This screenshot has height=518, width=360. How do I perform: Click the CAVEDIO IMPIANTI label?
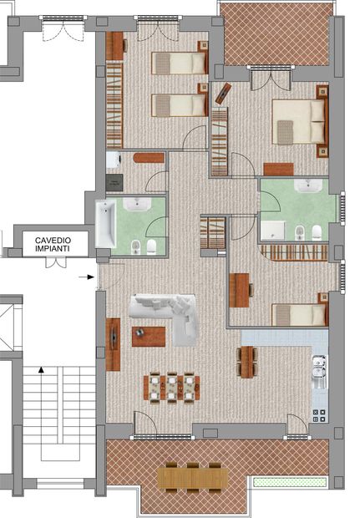(x=53, y=245)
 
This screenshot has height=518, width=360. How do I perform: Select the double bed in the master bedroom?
(x=298, y=122)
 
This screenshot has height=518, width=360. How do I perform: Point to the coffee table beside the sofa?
(x=149, y=337)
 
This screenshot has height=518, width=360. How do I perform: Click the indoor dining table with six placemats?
(x=171, y=387)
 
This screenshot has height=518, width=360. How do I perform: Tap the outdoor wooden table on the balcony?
(x=193, y=479)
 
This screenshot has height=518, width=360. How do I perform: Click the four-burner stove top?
(x=319, y=415)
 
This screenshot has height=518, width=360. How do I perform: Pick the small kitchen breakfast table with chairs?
(x=247, y=362)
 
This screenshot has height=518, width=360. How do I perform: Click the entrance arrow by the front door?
(x=86, y=277)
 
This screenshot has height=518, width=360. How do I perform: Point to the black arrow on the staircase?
(x=41, y=369)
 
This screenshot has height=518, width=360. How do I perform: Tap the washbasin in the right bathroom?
(x=308, y=185)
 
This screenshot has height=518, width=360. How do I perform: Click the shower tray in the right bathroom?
(x=273, y=231)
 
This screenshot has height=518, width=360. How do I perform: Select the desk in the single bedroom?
(x=239, y=290)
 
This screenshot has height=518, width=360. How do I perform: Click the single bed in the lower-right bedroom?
(x=299, y=315)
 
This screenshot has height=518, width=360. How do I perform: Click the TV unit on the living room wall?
(x=113, y=344)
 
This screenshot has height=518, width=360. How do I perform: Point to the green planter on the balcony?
(x=290, y=482)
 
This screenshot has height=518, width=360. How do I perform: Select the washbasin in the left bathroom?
(x=137, y=204)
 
